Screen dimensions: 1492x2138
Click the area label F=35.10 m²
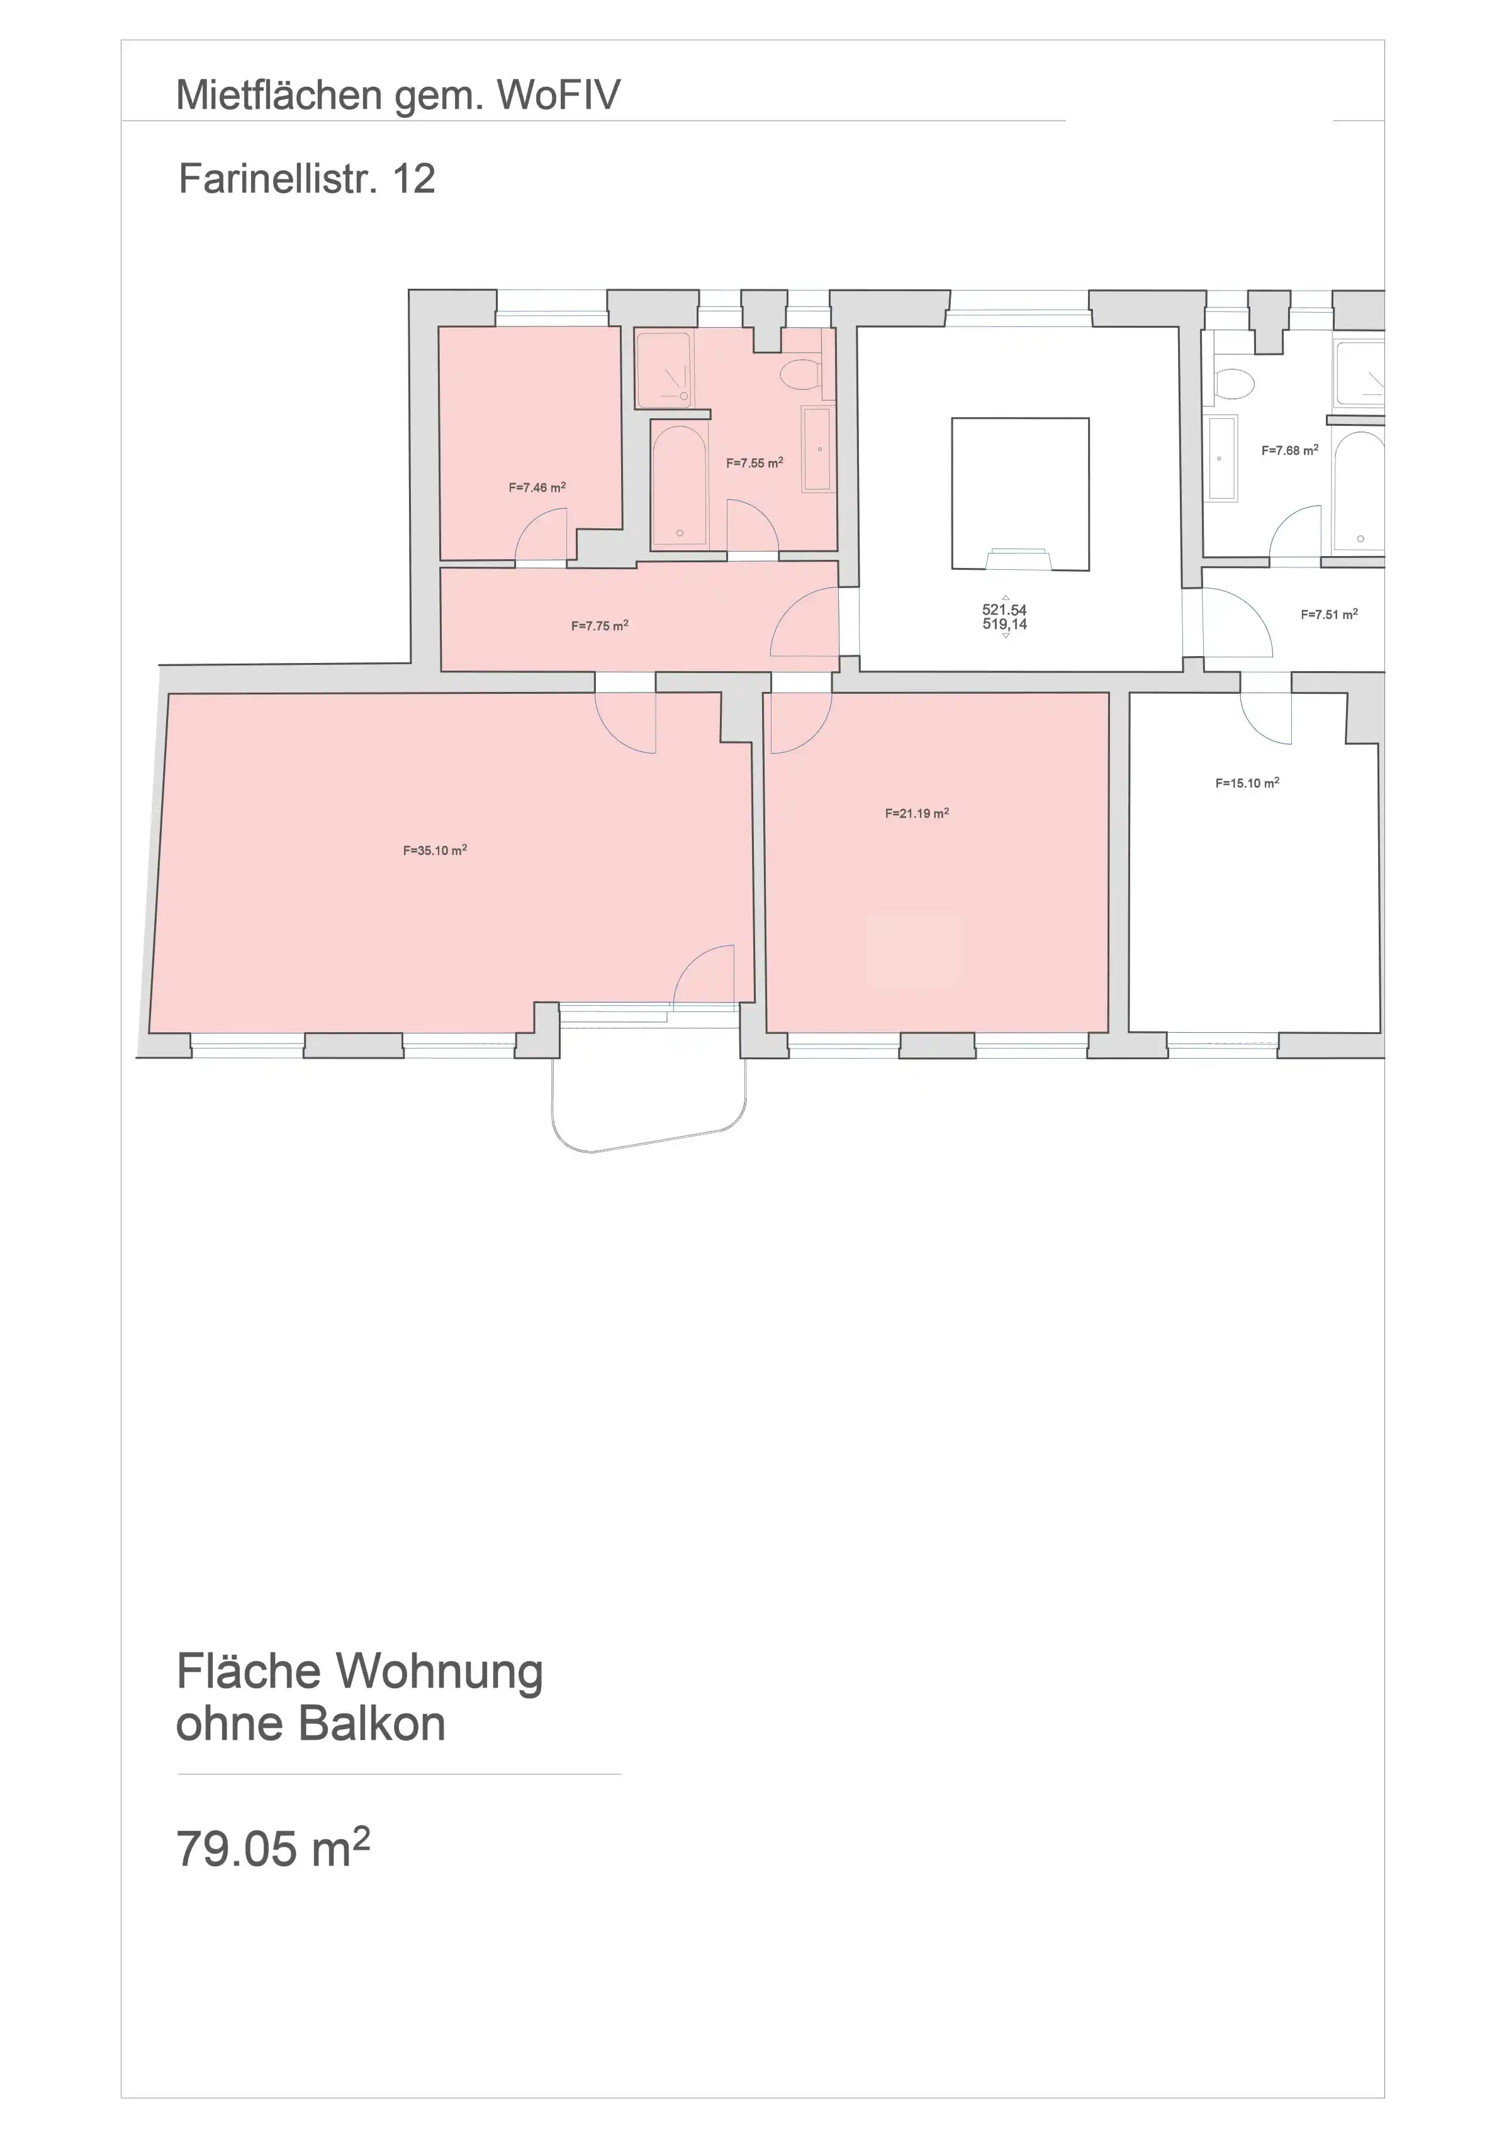click(x=435, y=850)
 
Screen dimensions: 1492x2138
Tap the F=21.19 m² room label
click(x=916, y=813)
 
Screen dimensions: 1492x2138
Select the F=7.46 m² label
click(x=537, y=487)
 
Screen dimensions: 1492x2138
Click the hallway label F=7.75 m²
click(x=600, y=626)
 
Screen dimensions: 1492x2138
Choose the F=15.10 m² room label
click(x=1247, y=783)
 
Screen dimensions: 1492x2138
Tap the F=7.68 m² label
click(x=1290, y=451)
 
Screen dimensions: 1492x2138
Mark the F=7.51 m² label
click(x=1329, y=615)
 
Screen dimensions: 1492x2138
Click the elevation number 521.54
click(x=1004, y=610)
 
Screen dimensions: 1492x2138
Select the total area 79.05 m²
click(x=273, y=1849)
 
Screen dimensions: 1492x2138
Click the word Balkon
click(x=372, y=1723)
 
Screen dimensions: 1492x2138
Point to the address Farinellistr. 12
click(x=306, y=179)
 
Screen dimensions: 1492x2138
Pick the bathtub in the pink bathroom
click(x=679, y=484)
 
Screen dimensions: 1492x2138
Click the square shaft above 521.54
click(x=1020, y=494)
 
